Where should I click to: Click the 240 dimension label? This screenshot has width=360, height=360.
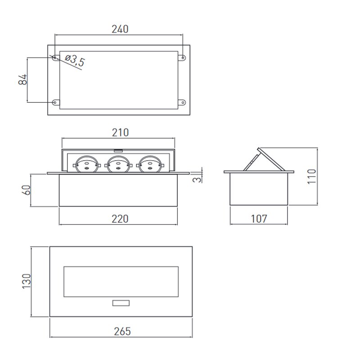point(120,29)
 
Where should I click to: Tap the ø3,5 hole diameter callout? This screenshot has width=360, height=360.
point(75,60)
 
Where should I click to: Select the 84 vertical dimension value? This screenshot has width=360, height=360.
point(22,80)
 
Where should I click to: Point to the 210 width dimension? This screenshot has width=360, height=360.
point(120,132)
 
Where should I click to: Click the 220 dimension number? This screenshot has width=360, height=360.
point(120,219)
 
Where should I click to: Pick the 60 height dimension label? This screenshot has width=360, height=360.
point(26,190)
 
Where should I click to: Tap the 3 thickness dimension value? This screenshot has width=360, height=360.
point(197,179)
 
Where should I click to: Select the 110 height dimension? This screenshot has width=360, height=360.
point(311,176)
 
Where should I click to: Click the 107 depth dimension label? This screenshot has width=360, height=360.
point(259,219)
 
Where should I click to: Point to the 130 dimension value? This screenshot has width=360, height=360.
point(26,281)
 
